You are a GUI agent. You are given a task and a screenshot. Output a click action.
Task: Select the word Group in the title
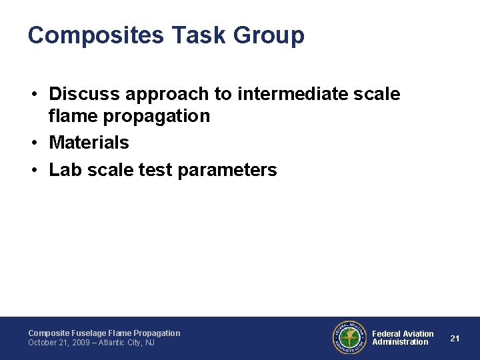pos(271,35)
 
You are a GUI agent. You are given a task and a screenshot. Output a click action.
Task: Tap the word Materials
pos(89,143)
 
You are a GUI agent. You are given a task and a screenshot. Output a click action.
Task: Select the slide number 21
pos(455,338)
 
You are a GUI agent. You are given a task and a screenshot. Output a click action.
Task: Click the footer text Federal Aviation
pos(403,333)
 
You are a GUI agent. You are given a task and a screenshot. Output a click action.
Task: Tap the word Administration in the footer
pos(400,342)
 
